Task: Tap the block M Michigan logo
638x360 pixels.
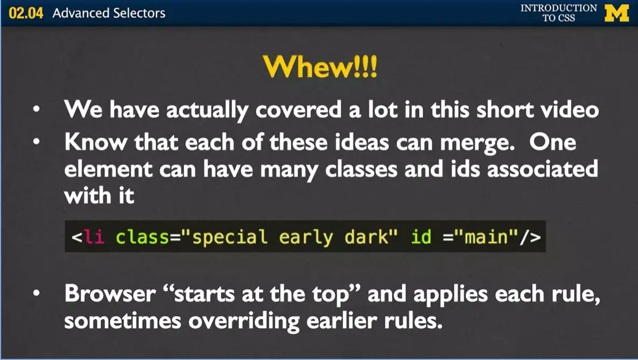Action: coord(616,13)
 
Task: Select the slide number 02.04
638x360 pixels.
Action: coord(26,13)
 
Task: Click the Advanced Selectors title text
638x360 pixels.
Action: coord(109,13)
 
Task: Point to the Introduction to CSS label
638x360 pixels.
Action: coord(558,13)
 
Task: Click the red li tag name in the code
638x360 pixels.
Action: coord(94,237)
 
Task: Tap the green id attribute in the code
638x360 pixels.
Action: coord(420,237)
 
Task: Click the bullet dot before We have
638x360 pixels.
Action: coord(36,110)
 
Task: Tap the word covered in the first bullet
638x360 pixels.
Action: coord(297,110)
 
